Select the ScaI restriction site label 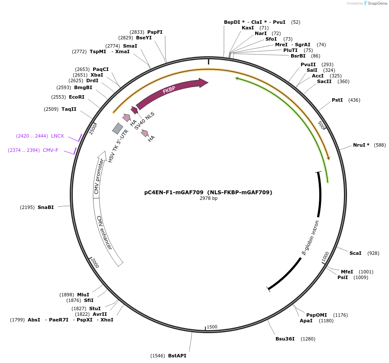point(355,253)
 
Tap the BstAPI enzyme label point(177,356)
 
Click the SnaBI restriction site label point(46,207)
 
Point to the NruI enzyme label point(361,145)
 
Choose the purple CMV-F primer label point(50,150)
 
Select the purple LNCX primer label point(57,136)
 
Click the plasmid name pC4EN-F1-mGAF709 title point(208,192)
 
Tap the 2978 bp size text point(208,199)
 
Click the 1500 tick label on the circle point(212,327)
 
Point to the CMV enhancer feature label point(104,233)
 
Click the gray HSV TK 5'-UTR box point(117,128)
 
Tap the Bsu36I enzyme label point(285,339)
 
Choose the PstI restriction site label point(337,100)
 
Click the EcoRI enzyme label point(77,97)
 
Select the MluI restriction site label point(83,295)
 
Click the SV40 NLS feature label point(144,121)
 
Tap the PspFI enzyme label point(155,32)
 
